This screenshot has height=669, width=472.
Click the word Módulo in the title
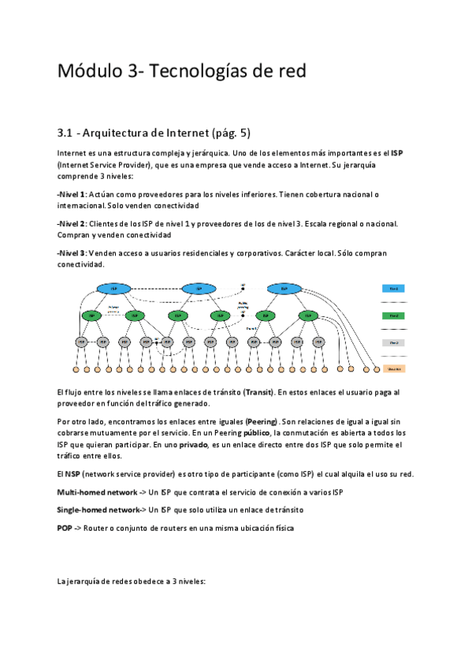click(87, 71)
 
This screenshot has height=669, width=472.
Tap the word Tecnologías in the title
click(192, 71)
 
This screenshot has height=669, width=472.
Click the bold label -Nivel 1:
click(72, 194)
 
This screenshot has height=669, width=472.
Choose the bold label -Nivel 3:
click(72, 253)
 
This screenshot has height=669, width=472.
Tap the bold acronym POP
click(65, 528)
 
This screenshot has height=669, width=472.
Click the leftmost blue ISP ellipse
click(113, 288)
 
